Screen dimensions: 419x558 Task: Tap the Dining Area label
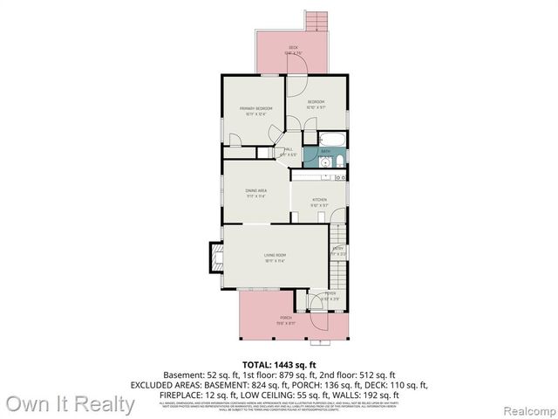255,190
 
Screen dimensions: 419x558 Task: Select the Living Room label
276,255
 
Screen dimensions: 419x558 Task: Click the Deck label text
293,48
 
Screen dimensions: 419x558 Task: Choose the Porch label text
286,317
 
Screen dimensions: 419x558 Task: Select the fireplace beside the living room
212,258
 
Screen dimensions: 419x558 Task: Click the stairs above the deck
315,21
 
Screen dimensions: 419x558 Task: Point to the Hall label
289,149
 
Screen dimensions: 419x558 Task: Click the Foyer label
330,293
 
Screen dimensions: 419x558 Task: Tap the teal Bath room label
325,151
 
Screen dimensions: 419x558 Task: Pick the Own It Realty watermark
70,404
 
